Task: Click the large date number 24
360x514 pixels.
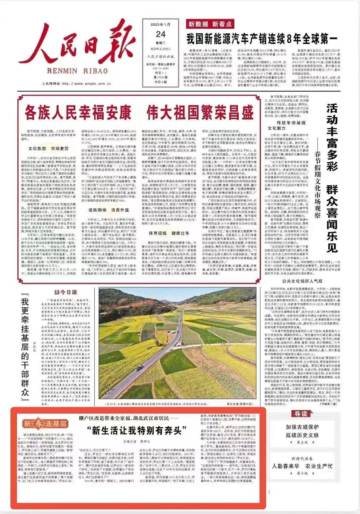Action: coord(161,34)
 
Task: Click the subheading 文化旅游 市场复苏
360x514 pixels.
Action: coord(48,148)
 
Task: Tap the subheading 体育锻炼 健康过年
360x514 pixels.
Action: coord(164,233)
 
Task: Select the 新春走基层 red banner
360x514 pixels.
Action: coord(45,424)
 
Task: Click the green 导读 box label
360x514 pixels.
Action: coord(300,414)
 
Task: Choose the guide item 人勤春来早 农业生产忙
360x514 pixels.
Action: coord(302,466)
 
